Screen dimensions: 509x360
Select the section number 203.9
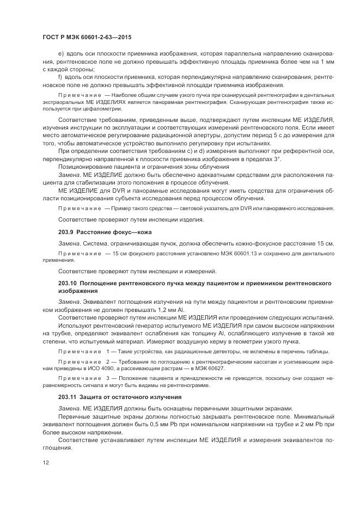pos(66,232)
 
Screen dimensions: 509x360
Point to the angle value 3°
pos(277,158)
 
